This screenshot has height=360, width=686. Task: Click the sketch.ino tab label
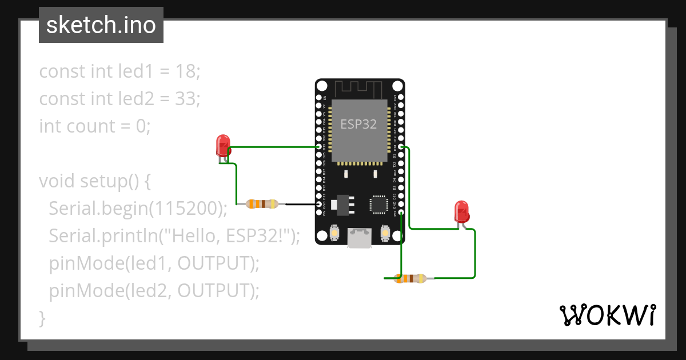(x=101, y=25)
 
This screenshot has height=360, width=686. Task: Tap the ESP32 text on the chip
(x=358, y=124)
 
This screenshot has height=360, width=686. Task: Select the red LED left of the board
(x=222, y=146)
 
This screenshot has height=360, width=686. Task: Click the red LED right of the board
(x=461, y=211)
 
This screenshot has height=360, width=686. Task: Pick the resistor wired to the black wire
(x=262, y=204)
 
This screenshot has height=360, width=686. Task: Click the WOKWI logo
(x=607, y=315)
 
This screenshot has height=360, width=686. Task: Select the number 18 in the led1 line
(x=187, y=72)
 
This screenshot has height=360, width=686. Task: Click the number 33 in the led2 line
(x=186, y=99)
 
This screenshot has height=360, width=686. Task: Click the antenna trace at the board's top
(x=358, y=89)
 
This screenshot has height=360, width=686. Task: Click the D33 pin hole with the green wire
(x=319, y=147)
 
